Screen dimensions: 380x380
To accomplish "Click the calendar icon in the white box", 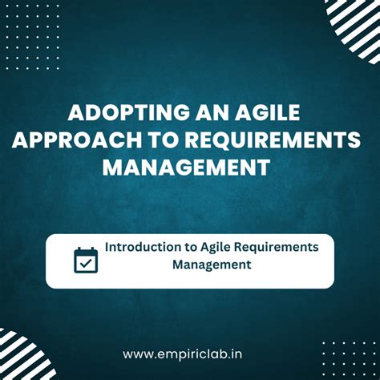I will (x=86, y=260).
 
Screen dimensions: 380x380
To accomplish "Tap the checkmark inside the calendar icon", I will (x=86, y=263).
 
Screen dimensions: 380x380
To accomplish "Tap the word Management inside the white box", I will (x=212, y=265).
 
